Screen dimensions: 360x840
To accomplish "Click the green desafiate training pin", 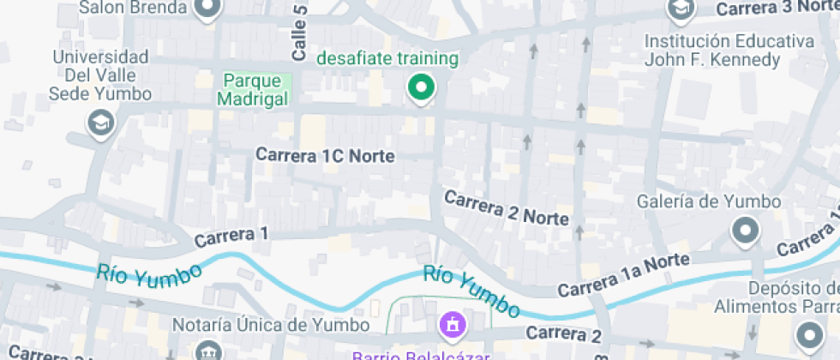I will pyautogui.click(x=420, y=87).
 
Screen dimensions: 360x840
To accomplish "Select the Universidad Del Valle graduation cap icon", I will pyautogui.click(x=101, y=123).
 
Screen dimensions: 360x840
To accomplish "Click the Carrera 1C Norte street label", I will pyautogui.click(x=326, y=155).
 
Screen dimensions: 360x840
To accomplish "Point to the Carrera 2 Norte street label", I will pyautogui.click(x=506, y=207).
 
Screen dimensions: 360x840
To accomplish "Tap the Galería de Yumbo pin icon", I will pyautogui.click(x=744, y=230).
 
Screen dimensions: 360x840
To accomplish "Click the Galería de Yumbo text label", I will pyautogui.click(x=710, y=201).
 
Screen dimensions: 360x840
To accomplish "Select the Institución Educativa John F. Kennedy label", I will pyautogui.click(x=729, y=51).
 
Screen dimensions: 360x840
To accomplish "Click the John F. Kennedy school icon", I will pyautogui.click(x=681, y=9).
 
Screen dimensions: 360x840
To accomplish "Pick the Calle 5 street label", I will pyautogui.click(x=299, y=33).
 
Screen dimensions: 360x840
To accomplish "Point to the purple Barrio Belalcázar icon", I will pyautogui.click(x=452, y=325).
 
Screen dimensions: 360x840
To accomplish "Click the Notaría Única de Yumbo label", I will pyautogui.click(x=271, y=326).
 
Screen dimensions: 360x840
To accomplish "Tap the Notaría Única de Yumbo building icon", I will pyautogui.click(x=208, y=351).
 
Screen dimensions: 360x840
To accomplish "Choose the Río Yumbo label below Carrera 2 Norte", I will pyautogui.click(x=471, y=291).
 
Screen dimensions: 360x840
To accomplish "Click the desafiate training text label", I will pyautogui.click(x=387, y=59).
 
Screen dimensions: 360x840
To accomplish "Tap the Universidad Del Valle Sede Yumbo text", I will pyautogui.click(x=101, y=75).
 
